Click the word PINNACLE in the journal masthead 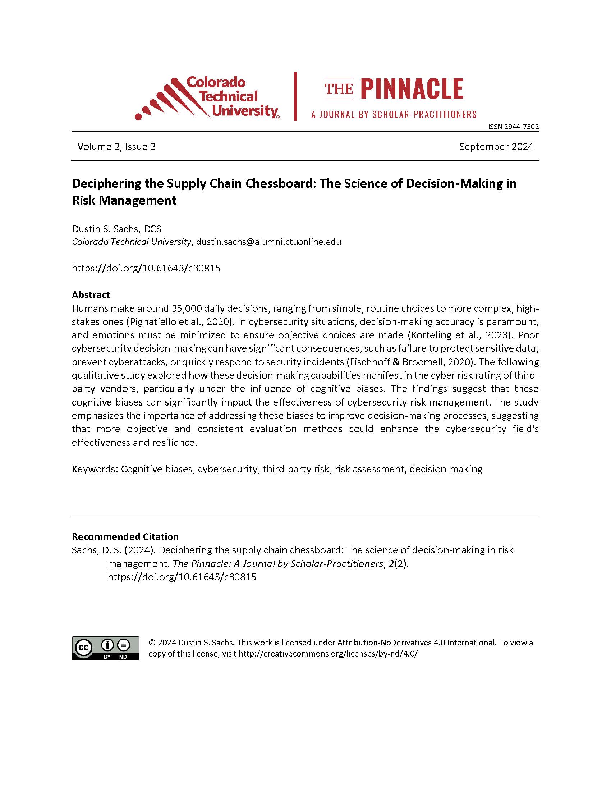(412, 89)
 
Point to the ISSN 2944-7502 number (513, 127)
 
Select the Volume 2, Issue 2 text (116, 146)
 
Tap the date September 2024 (496, 146)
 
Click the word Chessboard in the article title (279, 183)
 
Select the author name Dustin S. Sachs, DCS (116, 229)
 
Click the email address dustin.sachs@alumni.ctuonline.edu (268, 242)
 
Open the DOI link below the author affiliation (146, 268)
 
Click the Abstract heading (91, 294)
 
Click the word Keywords (95, 469)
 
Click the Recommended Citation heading (125, 536)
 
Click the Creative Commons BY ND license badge (105, 648)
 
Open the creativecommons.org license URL (328, 654)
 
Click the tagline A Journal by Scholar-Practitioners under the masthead (394, 115)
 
